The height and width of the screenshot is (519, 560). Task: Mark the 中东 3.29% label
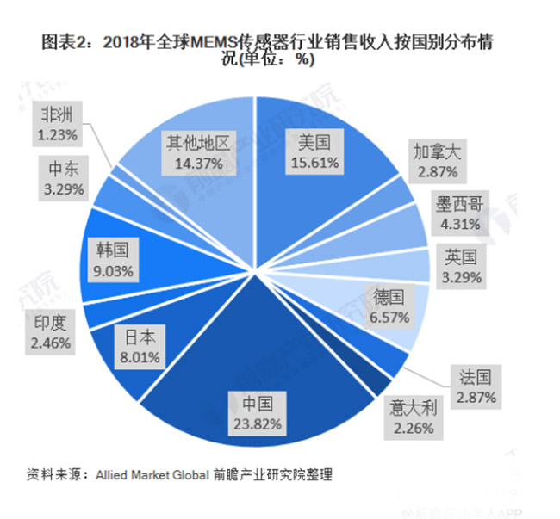click(58, 179)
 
